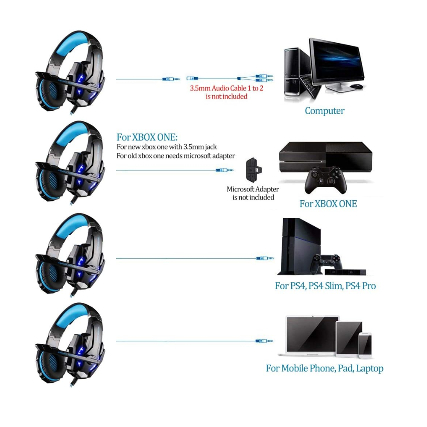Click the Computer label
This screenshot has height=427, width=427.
[x=325, y=111]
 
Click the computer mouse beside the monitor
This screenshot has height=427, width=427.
[x=357, y=86]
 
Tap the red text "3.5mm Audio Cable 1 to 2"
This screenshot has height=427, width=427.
[x=226, y=89]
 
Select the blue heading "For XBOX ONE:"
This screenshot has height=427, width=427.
[x=147, y=137]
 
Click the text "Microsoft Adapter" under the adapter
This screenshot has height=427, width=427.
[x=253, y=189]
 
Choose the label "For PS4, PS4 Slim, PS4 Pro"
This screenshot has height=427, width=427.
[x=325, y=286]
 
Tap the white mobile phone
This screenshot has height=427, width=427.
[x=365, y=345]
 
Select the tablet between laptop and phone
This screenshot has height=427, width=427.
[x=349, y=338]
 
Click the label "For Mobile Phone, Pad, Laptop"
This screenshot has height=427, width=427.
[x=325, y=368]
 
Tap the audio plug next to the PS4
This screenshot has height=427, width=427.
[x=265, y=258]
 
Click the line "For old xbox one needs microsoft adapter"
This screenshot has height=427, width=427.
[x=175, y=156]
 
